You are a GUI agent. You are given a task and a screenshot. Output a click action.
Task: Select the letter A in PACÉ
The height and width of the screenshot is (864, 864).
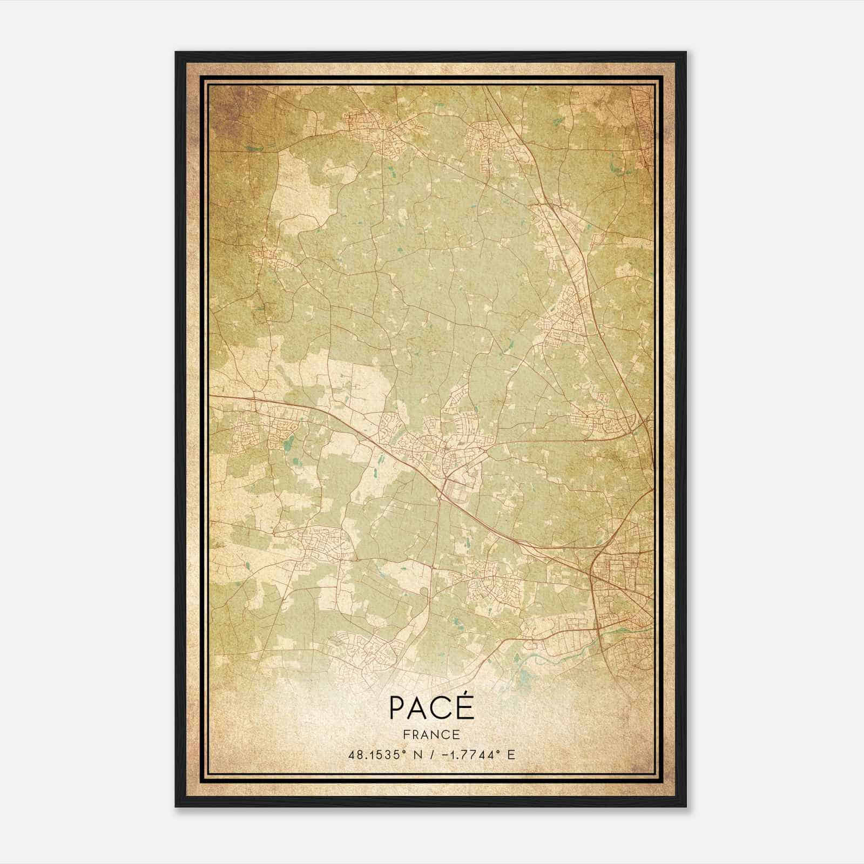[x=421, y=708]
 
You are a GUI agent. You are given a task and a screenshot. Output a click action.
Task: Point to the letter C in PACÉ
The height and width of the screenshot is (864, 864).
[x=444, y=708]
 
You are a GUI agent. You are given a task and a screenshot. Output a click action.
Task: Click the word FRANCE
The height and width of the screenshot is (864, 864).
[x=431, y=734]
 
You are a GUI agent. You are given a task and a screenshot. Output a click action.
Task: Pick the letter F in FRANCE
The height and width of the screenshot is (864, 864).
[x=406, y=734]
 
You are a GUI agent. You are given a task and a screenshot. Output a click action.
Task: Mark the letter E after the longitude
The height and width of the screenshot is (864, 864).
[x=511, y=754]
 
